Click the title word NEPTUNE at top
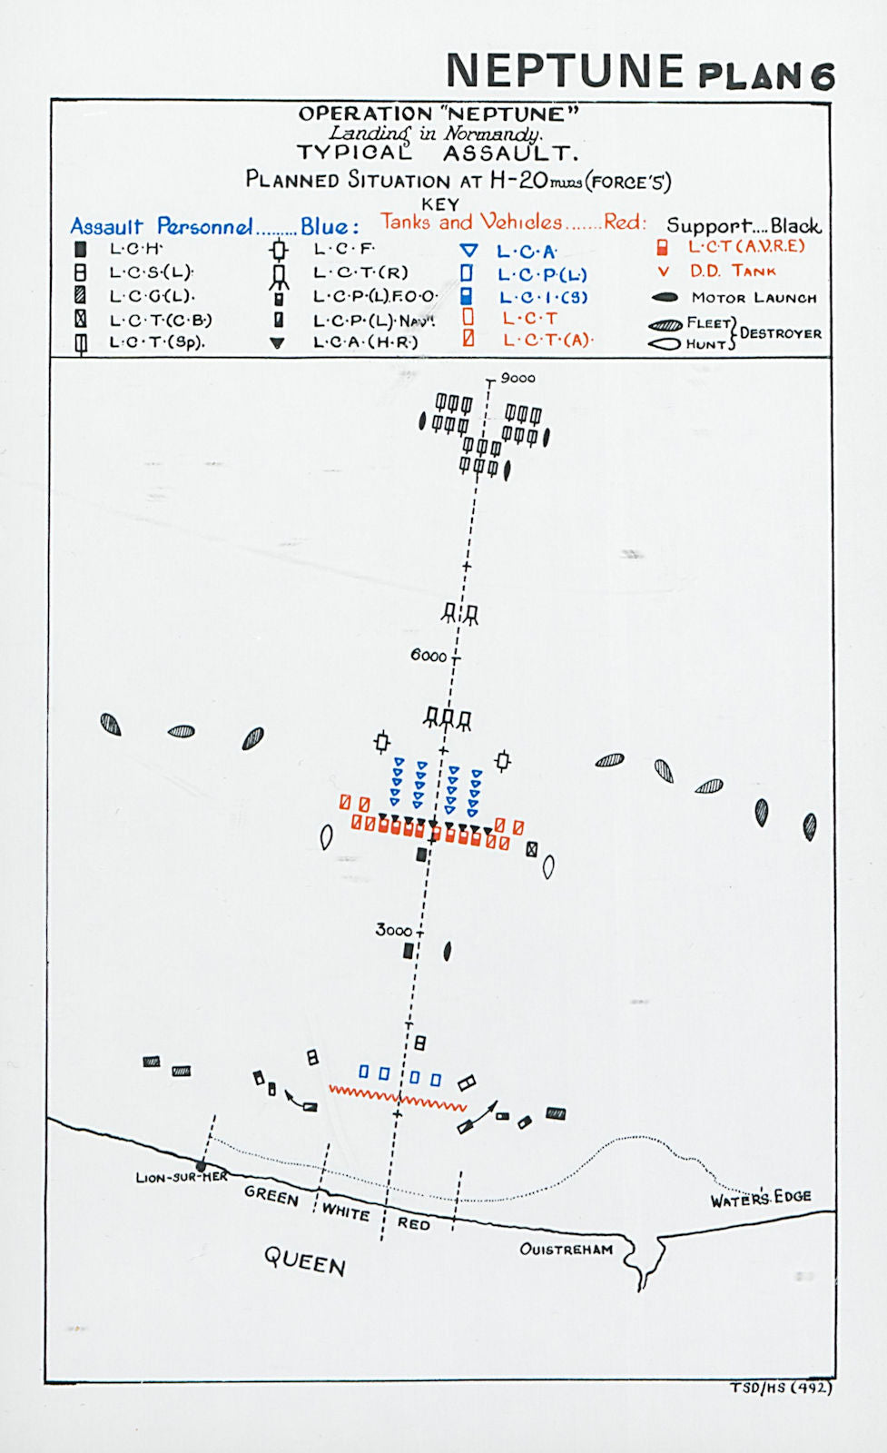tap(564, 71)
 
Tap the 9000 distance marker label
tap(517, 378)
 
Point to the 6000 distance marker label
tap(429, 655)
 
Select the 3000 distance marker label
tap(393, 930)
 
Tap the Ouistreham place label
tap(566, 1249)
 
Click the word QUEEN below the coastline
tap(304, 1260)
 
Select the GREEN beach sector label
tap(271, 1195)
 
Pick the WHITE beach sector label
tap(345, 1211)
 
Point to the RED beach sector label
tap(413, 1223)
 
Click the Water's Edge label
tap(760, 1198)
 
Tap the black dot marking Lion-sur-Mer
tap(201, 1166)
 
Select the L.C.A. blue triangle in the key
tap(468, 251)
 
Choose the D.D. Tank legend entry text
tap(733, 271)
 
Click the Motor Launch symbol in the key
tap(665, 297)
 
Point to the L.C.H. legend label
tap(135, 248)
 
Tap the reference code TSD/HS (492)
tap(781, 1387)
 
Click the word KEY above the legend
tap(440, 204)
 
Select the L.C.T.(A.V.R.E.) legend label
tap(745, 246)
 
